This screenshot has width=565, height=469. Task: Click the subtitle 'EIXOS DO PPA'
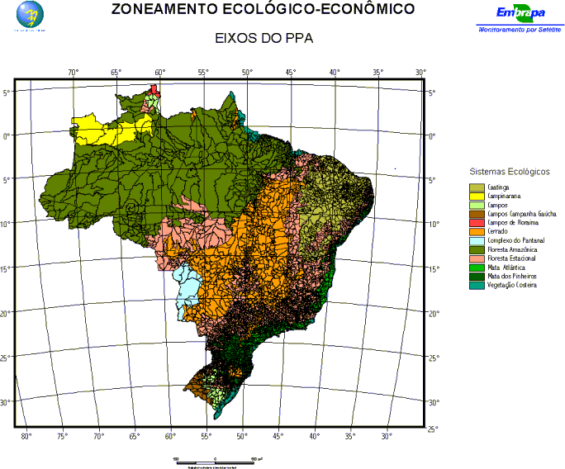[x=264, y=39]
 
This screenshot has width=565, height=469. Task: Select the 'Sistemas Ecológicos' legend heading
[x=509, y=171]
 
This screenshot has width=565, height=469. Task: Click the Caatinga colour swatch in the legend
[x=477, y=187]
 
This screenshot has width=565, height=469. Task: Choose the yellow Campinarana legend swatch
[x=477, y=197]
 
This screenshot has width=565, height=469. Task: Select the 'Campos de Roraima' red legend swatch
[x=477, y=223]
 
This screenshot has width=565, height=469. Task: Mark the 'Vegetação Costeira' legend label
[x=513, y=285]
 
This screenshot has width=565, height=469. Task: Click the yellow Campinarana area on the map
[x=107, y=130]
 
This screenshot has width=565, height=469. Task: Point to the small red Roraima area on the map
[x=154, y=89]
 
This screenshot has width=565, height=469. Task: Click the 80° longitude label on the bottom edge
[x=26, y=434]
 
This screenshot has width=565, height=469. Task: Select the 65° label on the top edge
[x=116, y=73]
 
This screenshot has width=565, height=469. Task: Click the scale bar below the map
[x=216, y=459]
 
